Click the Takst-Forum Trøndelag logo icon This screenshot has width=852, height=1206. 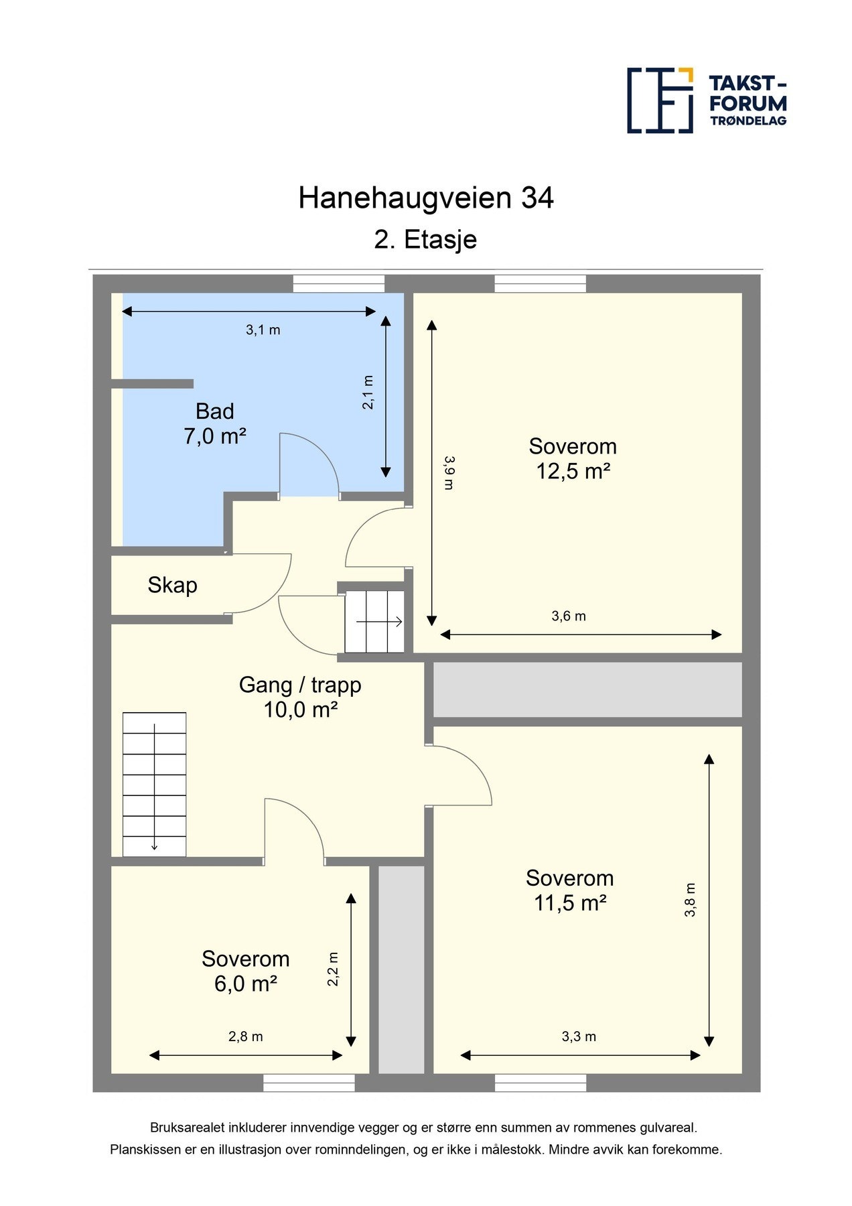[660, 100]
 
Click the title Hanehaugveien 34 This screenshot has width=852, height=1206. [426, 198]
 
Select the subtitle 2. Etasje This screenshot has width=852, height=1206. [425, 239]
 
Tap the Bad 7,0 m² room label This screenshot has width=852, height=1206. [215, 423]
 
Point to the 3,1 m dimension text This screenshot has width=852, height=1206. [263, 330]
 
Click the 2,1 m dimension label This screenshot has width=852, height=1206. [368, 392]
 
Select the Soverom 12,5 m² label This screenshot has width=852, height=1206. [573, 459]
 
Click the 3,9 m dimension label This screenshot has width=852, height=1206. [449, 472]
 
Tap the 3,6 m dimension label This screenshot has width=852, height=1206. [569, 616]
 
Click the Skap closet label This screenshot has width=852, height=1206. [172, 585]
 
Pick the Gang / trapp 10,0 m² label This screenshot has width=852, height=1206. [300, 697]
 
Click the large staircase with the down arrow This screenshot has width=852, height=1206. [154, 784]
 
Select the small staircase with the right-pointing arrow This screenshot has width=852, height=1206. [374, 621]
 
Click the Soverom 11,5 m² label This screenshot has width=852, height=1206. [569, 890]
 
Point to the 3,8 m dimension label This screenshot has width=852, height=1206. [690, 899]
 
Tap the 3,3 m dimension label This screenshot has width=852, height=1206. [579, 1036]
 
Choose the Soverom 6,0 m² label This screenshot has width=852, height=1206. [245, 971]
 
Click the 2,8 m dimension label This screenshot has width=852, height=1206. [245, 1036]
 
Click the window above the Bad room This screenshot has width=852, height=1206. [338, 284]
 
